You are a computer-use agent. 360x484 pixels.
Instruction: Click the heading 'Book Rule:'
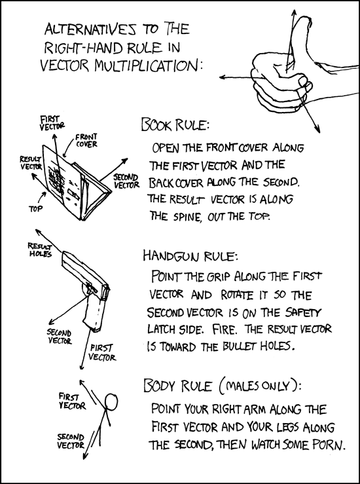[175, 124]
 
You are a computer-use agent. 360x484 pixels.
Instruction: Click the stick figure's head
[112, 400]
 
